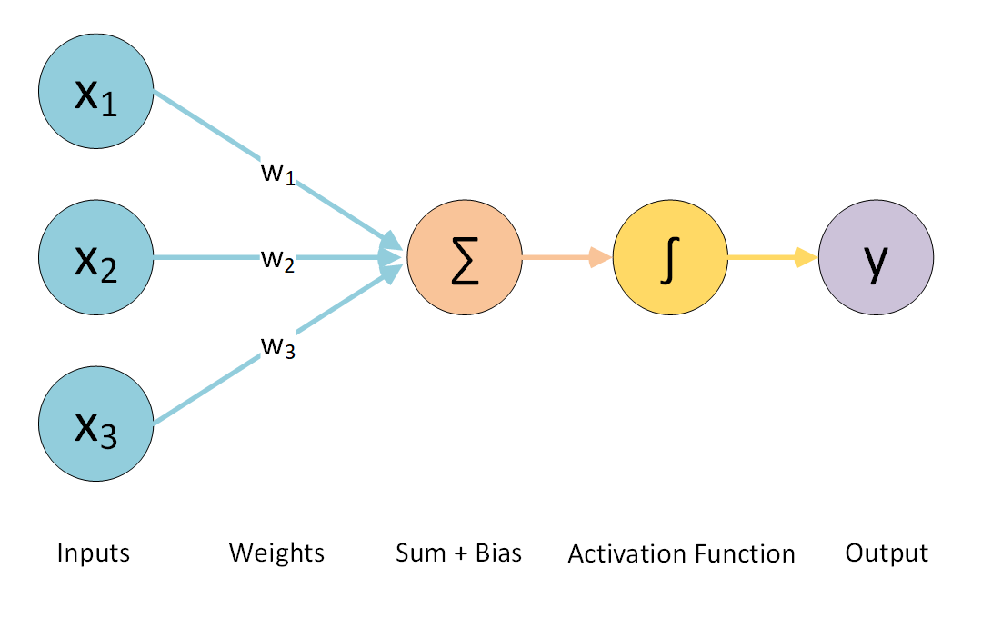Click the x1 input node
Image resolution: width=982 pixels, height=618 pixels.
tap(96, 92)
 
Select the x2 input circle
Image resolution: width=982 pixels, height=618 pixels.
tap(96, 257)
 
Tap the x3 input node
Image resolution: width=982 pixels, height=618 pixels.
tap(96, 424)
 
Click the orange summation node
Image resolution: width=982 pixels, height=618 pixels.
tap(465, 257)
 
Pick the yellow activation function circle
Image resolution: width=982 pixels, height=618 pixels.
tap(670, 257)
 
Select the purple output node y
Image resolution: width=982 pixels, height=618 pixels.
tap(876, 257)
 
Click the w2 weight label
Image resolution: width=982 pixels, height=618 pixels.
tap(277, 260)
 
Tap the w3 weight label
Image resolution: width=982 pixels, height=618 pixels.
tap(277, 346)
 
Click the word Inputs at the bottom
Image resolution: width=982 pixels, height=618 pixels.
tap(94, 553)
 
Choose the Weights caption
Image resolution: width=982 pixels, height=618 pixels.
tap(276, 553)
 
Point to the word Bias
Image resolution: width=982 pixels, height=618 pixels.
tap(499, 553)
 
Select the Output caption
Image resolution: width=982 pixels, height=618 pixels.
tap(887, 553)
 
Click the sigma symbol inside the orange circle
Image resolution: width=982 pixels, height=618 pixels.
tap(465, 259)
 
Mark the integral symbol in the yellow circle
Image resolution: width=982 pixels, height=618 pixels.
tap(670, 258)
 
